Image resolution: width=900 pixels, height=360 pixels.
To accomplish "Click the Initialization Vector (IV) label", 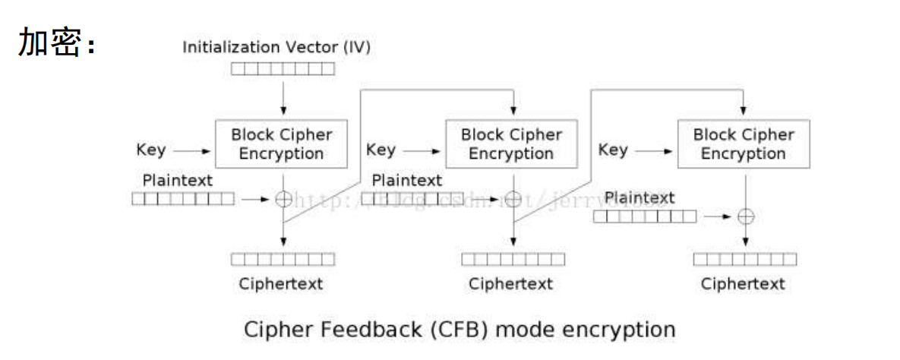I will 276,47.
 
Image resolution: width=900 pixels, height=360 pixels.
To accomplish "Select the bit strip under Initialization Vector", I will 283,69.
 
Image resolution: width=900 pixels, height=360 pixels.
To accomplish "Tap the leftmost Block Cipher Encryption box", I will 282,144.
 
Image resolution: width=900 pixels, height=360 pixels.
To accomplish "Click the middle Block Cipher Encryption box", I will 511,144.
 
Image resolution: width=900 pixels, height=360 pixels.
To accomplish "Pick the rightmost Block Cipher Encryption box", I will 744,144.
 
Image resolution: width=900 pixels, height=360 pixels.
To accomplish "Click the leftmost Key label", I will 151,150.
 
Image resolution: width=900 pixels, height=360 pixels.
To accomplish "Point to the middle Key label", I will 381,150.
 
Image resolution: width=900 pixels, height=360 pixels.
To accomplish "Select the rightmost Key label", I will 613,150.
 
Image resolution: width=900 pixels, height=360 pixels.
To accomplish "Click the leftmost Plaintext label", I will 178,181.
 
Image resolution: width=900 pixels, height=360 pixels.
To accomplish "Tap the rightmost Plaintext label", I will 639,198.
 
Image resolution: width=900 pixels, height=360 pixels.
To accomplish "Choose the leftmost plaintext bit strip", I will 183,199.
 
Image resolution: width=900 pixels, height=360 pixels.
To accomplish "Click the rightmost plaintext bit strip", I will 644,216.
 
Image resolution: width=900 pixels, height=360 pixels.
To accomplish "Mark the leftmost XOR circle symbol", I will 283,199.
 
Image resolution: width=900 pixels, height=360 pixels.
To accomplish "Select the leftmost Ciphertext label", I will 281,284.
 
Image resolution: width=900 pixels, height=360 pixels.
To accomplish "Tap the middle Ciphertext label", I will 510,284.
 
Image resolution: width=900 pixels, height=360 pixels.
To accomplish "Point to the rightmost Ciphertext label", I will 743,284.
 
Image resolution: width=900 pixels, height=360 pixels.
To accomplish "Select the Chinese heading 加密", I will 50,44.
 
